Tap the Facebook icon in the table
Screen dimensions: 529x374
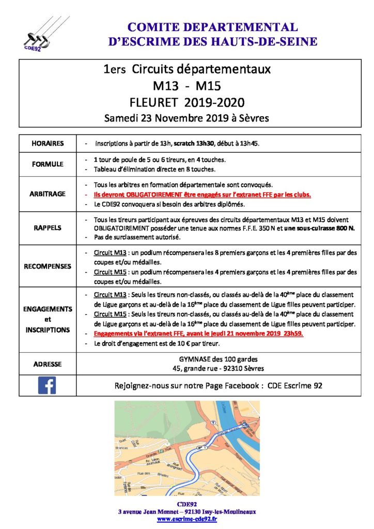[x=47, y=385]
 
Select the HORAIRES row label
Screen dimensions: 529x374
[x=47, y=143]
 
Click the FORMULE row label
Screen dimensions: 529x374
[x=47, y=164]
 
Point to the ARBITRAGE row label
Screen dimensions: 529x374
[x=47, y=194]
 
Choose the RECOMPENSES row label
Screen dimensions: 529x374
[x=47, y=267]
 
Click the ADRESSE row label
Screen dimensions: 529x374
[x=47, y=364]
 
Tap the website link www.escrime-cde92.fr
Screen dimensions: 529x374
[x=186, y=519]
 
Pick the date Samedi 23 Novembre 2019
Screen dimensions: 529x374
[x=165, y=118]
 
